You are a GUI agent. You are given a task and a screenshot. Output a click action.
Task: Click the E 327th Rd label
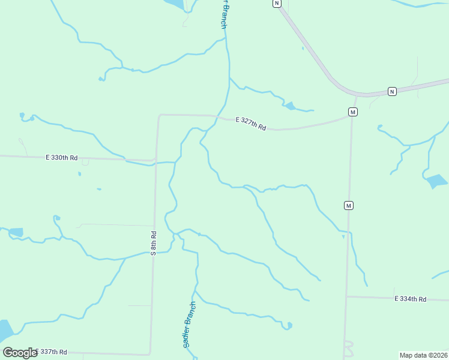pos(250,123)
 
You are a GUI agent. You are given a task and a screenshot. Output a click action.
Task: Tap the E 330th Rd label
pos(62,158)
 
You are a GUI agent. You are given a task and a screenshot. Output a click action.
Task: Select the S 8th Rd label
pos(154,243)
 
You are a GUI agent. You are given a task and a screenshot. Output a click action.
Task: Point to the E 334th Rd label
pos(410,299)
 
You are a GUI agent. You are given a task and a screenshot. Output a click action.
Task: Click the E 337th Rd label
pos(51,352)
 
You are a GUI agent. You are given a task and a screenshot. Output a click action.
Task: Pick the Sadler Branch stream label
pos(189,325)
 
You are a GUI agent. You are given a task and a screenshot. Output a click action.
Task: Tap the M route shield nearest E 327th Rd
pos(353,112)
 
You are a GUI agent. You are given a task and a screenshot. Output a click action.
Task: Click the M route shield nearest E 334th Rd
pos(348,206)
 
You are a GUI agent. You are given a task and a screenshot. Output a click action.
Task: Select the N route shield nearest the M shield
pos(391,91)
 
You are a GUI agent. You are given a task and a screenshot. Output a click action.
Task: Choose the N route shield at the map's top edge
pos(276,3)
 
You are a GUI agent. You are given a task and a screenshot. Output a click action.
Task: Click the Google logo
pos(20,353)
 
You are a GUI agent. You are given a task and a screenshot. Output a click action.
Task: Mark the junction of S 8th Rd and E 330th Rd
pos(155,161)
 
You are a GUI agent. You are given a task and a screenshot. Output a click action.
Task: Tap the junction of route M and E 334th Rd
pos(346,296)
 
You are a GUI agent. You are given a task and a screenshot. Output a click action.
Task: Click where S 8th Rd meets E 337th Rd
pos(150,354)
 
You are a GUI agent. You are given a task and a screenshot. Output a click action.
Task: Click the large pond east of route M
pos(436,181)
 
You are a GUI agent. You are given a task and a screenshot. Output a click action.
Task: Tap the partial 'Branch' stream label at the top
pos(223,14)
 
